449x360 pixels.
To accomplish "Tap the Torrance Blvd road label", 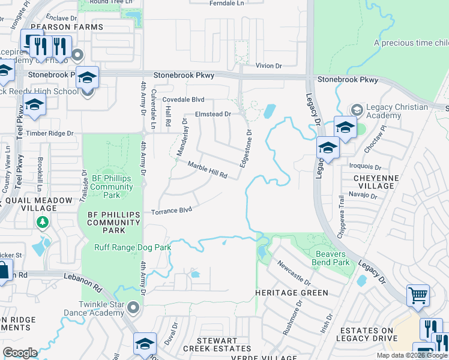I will point(171,211).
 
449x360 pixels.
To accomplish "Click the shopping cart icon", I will point(418,295).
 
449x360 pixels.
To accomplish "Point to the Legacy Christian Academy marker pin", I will point(357,109).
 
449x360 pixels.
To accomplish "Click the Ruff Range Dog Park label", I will point(133,247).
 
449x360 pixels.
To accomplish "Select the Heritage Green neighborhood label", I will point(291,293).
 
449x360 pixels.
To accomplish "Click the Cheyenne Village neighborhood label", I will point(366,182).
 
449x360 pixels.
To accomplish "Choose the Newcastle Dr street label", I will point(294,273).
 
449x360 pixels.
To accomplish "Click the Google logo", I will point(19,352).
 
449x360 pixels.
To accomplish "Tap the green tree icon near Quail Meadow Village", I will point(42,223).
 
